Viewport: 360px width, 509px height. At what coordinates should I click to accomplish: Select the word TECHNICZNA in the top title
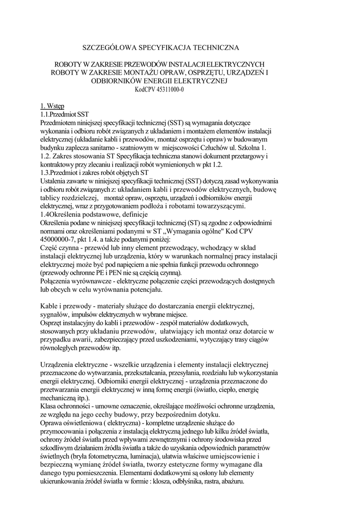pos(214,48)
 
